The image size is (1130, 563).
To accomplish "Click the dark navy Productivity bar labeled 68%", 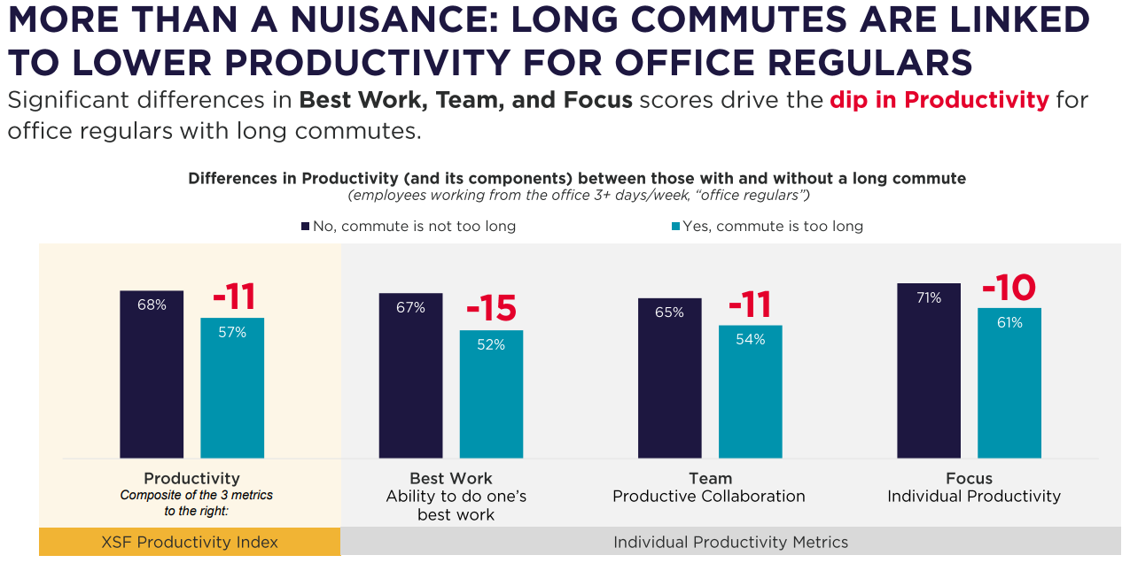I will (x=152, y=374).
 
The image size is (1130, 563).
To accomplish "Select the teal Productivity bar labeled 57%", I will (x=232, y=388).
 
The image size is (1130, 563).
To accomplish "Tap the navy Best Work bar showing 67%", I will (x=410, y=375).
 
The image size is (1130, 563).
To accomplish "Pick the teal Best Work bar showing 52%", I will (x=491, y=394).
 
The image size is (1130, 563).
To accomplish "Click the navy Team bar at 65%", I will (x=669, y=378).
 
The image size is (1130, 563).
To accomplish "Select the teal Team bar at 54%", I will (x=750, y=391).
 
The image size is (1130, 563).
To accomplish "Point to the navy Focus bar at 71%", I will (x=928, y=370).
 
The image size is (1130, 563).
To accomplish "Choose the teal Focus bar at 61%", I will (x=1009, y=382).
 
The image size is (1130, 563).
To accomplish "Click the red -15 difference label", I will (x=490, y=307).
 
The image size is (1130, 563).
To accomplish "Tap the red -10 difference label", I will (x=1009, y=288).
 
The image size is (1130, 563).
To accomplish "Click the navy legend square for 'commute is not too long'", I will (x=306, y=227).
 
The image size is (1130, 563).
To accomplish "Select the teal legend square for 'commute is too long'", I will (x=675, y=227).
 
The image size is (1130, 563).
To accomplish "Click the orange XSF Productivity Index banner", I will (x=190, y=542).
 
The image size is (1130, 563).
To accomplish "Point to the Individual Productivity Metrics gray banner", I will (x=730, y=542).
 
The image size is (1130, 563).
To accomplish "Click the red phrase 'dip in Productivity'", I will (x=939, y=99).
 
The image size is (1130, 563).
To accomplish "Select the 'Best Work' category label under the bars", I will (x=450, y=479).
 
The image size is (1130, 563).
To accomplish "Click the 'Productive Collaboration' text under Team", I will (x=709, y=496).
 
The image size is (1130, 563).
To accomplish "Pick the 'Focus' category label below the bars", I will (x=969, y=479).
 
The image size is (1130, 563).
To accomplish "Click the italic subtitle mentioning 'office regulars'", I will (x=578, y=195).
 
